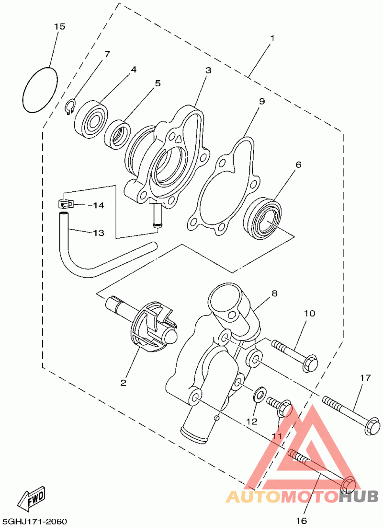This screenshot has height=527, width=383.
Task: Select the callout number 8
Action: coord(274,293)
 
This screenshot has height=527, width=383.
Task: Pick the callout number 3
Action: coord(208,70)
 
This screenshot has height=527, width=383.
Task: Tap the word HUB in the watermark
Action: coord(359,496)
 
